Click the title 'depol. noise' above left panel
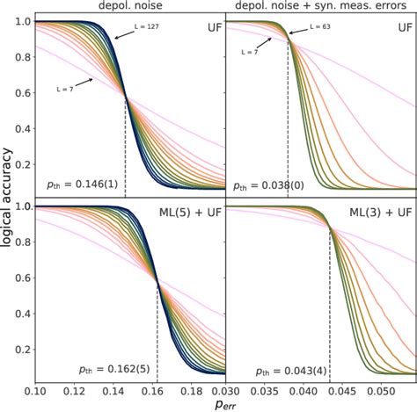pos(130,7)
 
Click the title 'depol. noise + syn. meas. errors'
pos(321,7)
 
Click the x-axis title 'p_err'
pos(225,405)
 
